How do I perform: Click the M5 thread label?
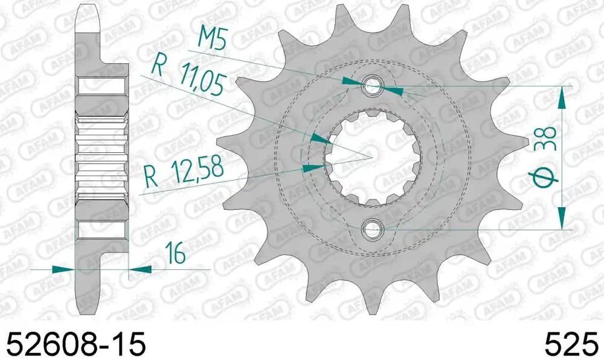(212, 39)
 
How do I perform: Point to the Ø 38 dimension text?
(544, 158)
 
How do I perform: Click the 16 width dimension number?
(175, 253)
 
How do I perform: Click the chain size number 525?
(571, 344)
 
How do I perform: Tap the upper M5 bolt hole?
(371, 86)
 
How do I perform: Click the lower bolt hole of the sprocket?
(371, 230)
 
